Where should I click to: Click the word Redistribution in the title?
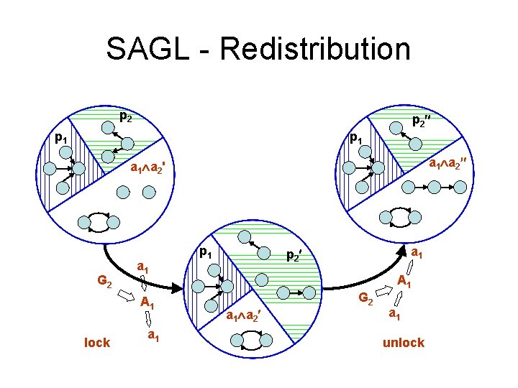(x=317, y=49)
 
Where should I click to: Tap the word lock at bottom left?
(x=97, y=343)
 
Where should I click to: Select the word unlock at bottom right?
(x=403, y=343)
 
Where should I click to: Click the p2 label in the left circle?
(x=125, y=115)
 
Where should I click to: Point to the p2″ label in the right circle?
(x=422, y=121)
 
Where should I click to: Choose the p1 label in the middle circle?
(x=206, y=253)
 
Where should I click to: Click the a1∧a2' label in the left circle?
(x=149, y=170)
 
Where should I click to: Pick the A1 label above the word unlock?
(x=404, y=283)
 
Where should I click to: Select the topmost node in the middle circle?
(x=245, y=236)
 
